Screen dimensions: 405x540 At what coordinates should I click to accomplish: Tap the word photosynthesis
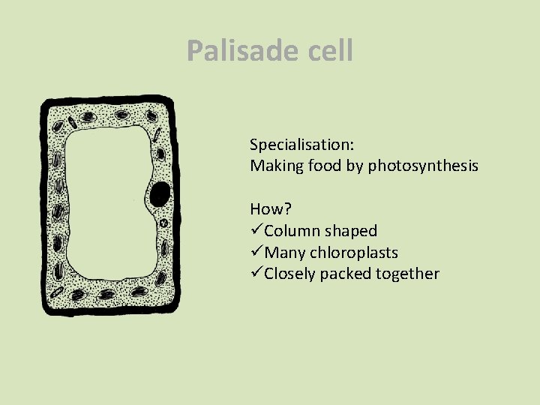(x=423, y=166)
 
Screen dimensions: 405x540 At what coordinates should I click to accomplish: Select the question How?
(x=268, y=208)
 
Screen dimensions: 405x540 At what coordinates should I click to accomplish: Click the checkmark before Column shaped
(x=256, y=231)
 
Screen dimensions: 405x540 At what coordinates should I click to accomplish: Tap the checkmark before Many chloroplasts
(x=256, y=253)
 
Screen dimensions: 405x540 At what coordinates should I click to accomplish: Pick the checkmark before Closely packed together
(x=256, y=274)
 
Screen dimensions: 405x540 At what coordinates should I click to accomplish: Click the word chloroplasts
(x=353, y=253)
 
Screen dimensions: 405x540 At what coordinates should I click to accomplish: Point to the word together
(x=408, y=274)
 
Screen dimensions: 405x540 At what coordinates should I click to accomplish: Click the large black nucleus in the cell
(x=159, y=194)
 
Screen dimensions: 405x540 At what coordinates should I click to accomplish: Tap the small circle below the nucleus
(x=163, y=223)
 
